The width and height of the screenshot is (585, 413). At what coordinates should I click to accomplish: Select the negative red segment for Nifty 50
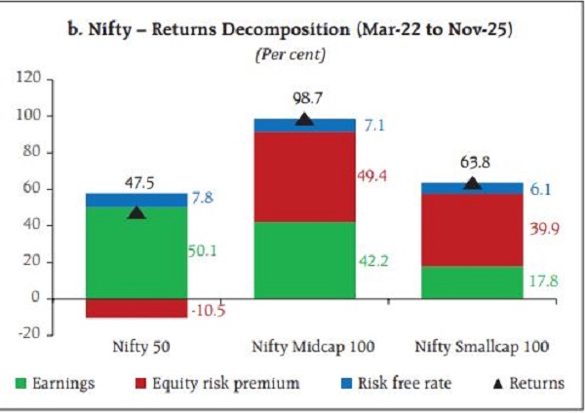pyautogui.click(x=136, y=307)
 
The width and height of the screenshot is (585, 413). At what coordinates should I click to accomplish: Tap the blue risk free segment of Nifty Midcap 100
pyautogui.click(x=304, y=125)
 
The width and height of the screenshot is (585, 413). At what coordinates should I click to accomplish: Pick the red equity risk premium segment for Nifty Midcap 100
pyautogui.click(x=304, y=176)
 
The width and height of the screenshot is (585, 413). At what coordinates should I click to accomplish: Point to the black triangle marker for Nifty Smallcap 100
pyautogui.click(x=472, y=183)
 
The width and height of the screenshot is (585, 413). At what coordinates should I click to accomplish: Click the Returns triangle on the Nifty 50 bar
pyautogui.click(x=136, y=211)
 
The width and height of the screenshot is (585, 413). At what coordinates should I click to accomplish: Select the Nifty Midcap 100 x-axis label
pyautogui.click(x=304, y=346)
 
